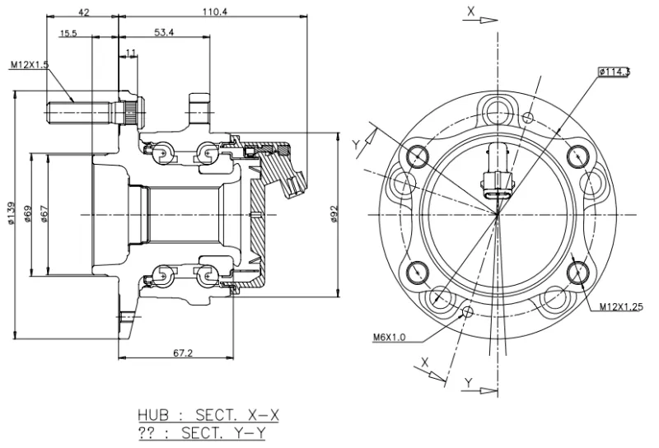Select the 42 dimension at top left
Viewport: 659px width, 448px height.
83,12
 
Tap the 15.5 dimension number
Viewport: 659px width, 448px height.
68,33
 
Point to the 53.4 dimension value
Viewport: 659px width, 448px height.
164,33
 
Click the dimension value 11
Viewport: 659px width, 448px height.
132,54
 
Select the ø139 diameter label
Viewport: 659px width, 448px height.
11,215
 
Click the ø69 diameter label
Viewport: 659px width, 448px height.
28,215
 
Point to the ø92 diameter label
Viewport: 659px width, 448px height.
334,216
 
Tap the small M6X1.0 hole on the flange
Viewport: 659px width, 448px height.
467,311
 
